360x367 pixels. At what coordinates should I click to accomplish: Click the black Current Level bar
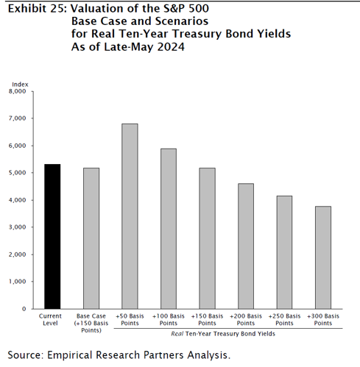pos(52,236)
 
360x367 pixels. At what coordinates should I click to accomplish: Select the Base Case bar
pos(91,238)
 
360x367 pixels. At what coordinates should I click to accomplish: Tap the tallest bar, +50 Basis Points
pos(130,216)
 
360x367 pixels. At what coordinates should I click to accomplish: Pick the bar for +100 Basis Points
pos(169,229)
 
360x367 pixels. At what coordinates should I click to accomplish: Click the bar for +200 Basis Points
pos(246,246)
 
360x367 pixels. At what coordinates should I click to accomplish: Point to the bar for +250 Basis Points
pos(284,252)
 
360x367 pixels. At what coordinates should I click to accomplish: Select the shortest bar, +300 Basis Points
pos(323,257)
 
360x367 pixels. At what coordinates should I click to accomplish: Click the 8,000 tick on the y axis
pos(18,91)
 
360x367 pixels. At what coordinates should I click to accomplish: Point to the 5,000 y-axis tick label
pos(18,173)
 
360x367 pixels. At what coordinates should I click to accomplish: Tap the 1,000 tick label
pos(18,282)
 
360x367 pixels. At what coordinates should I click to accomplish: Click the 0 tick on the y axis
pos(24,309)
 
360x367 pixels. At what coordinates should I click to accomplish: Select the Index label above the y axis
pos(20,85)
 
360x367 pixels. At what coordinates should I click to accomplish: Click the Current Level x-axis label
pos(50,320)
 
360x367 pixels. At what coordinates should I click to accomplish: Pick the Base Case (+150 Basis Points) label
pos(91,323)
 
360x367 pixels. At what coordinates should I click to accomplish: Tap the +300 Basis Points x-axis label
pos(323,320)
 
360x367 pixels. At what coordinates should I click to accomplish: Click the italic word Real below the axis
pos(177,334)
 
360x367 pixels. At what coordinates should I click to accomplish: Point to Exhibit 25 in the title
pos(38,9)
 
